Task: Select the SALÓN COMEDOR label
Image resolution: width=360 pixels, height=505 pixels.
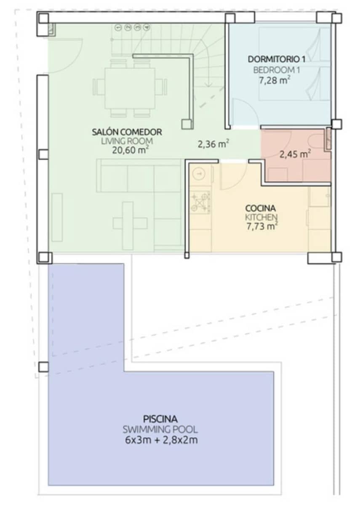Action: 127,132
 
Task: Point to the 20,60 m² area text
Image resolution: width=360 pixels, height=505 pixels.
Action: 127,150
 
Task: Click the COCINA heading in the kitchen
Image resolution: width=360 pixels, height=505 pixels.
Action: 261,208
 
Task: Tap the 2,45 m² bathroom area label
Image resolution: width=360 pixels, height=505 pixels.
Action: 295,154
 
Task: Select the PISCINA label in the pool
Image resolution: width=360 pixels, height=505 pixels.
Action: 160,419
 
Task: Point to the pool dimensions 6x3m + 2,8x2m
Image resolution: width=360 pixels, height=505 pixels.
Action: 160,441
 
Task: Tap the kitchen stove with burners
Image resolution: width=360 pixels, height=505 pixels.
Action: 200,201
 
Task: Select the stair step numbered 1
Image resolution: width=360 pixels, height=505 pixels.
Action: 118,27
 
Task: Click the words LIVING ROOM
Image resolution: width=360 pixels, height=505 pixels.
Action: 127,141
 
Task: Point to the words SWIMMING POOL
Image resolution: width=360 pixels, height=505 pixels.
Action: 160,430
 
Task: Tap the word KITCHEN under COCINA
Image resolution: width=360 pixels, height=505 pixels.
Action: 261,218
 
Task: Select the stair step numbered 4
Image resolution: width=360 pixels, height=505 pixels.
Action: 146,27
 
